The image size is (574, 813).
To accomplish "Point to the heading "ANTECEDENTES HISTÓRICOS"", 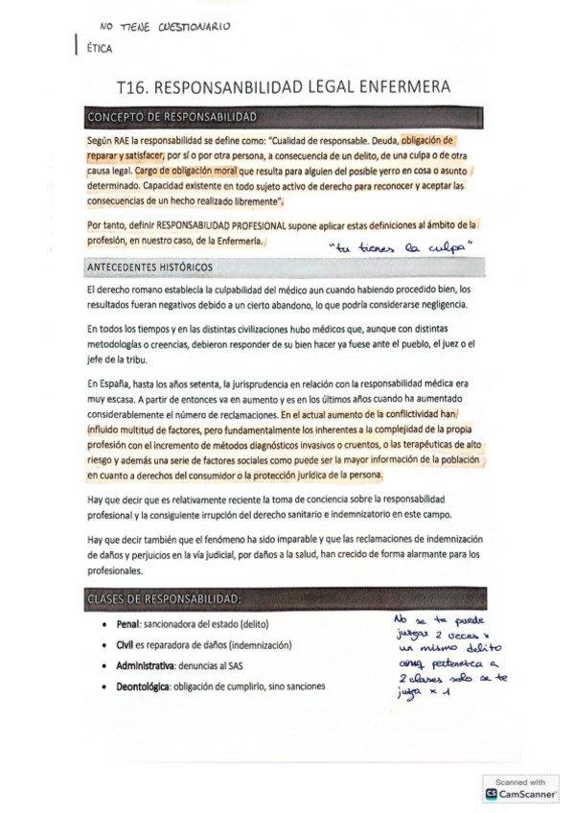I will click(151, 266).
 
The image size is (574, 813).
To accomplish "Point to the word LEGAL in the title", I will click(331, 87).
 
